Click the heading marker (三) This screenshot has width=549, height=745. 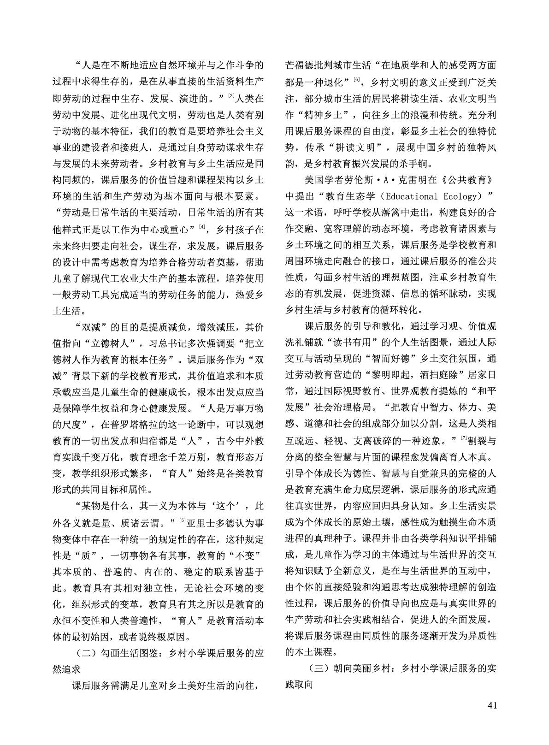(x=317, y=668)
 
